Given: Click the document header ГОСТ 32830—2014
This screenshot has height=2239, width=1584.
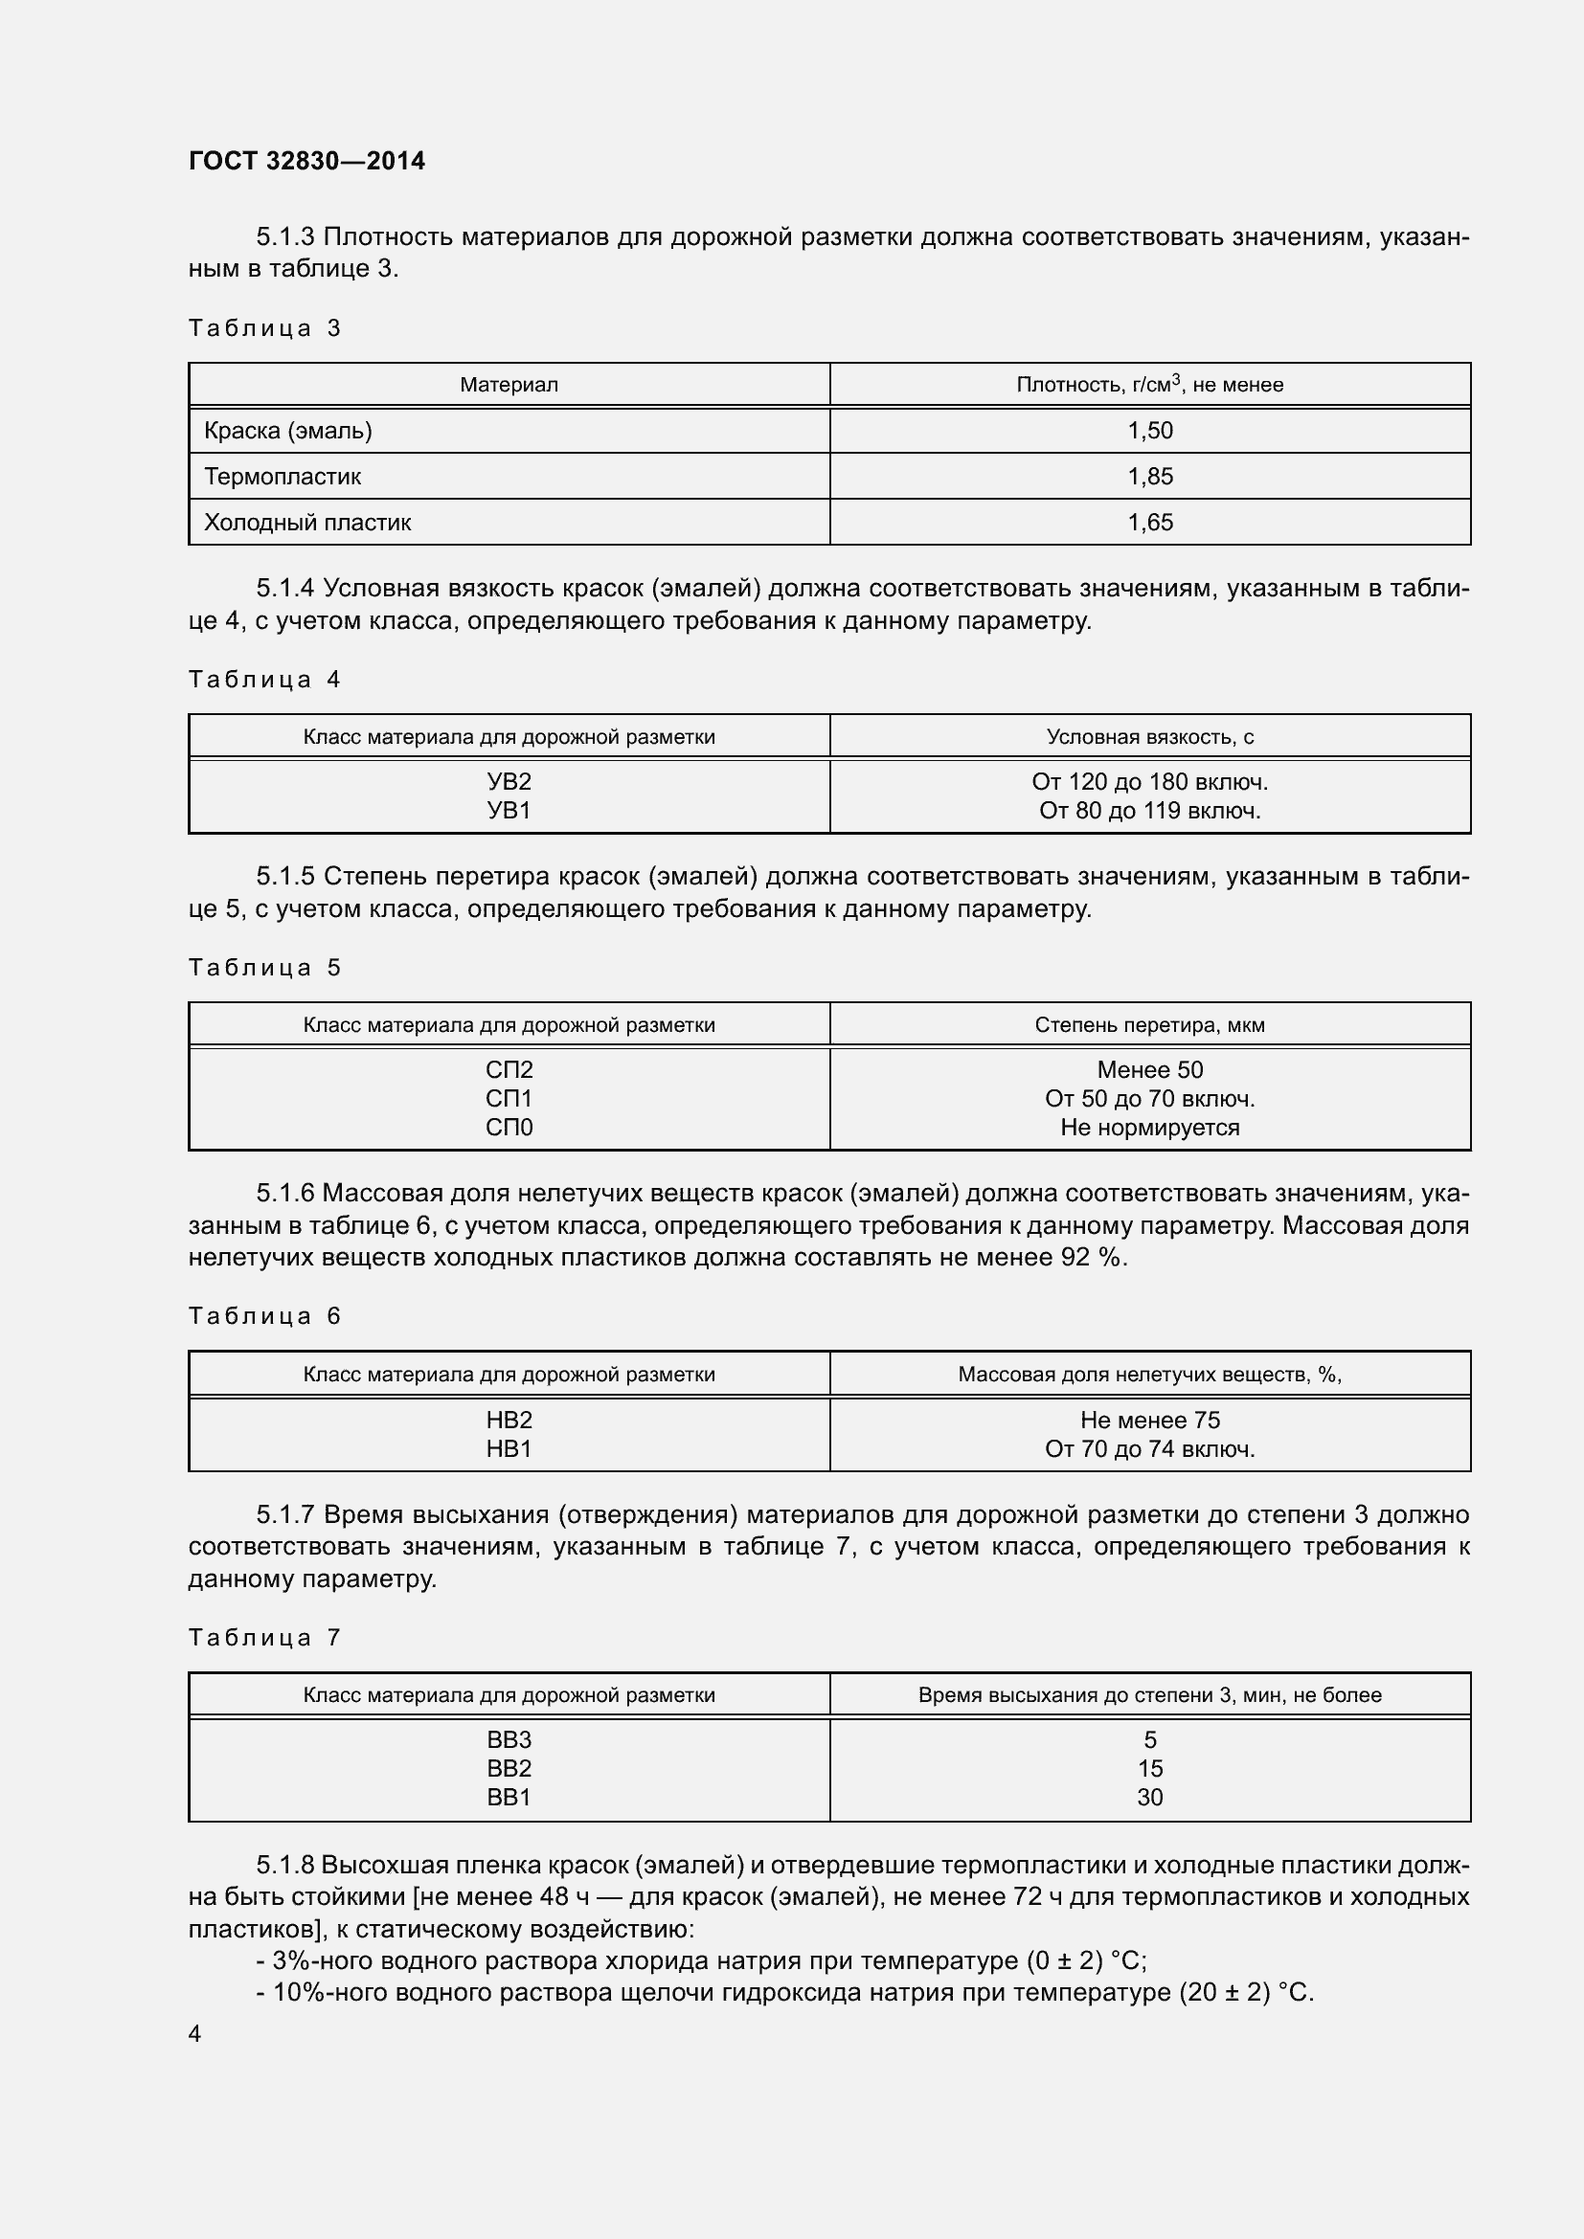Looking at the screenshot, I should click(306, 161).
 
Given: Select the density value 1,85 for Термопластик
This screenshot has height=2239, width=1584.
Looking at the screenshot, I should click(1150, 476).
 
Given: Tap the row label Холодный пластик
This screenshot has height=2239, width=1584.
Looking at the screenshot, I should click(307, 522).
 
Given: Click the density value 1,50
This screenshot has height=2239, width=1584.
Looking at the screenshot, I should click(1150, 430).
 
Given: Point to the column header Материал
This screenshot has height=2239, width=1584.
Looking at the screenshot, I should click(509, 384).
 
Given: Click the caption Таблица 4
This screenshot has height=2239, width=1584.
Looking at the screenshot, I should click(264, 679).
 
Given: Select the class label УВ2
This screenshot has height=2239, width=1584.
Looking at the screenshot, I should click(509, 781).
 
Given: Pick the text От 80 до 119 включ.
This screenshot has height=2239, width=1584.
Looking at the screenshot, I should click(1150, 811).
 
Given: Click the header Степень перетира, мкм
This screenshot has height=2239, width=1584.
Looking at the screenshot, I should click(1150, 1025).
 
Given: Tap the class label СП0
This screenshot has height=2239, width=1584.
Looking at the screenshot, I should click(509, 1128).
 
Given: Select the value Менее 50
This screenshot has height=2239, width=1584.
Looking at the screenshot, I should click(1150, 1070).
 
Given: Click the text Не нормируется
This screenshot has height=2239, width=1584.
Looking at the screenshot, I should click(1150, 1128).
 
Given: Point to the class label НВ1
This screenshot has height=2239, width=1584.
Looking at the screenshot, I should click(509, 1449).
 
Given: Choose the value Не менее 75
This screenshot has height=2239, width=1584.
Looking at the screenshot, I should click(1150, 1420).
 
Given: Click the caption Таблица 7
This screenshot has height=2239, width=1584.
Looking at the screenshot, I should click(264, 1637).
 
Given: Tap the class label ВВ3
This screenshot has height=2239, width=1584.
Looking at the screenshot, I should click(509, 1739).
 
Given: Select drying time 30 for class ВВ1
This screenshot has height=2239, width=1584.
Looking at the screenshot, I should click(1150, 1798).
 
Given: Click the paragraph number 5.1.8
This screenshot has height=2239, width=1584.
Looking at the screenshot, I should click(284, 1866).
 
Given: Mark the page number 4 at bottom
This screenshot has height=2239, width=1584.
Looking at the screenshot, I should click(195, 2033).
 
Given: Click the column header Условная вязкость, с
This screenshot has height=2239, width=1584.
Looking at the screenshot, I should click(1150, 736).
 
